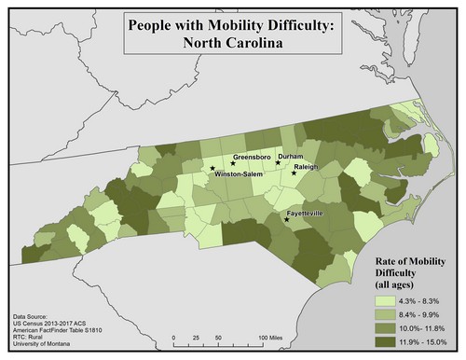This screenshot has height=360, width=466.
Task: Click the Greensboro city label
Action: tap(252, 157)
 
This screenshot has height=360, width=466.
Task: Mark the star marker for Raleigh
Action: tap(295, 173)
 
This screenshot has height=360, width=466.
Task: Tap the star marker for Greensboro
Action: tap(233, 163)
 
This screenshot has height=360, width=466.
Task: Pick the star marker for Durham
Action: tap(278, 162)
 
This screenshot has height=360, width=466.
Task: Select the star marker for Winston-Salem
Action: tap(212, 170)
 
